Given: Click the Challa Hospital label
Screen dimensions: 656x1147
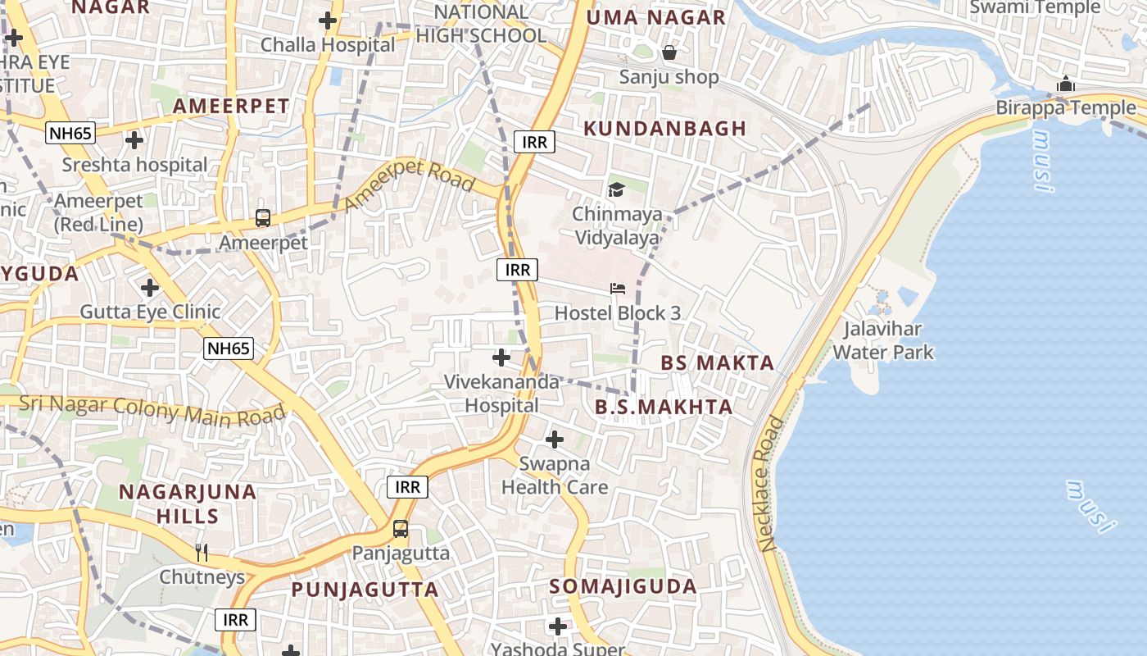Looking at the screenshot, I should (x=328, y=44).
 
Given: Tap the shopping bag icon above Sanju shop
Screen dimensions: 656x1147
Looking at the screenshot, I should (x=669, y=53).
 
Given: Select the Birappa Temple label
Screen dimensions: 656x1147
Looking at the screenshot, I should (x=1066, y=107).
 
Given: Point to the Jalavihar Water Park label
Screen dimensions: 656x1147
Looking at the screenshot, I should (x=882, y=341).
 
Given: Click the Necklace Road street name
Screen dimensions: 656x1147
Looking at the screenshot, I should (x=772, y=483).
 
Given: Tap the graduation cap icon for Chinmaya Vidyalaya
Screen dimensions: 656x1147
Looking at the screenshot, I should (x=615, y=190).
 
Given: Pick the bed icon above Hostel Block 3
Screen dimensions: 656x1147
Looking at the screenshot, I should (x=618, y=289).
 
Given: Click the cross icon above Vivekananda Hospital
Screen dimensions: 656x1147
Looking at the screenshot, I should (x=501, y=358).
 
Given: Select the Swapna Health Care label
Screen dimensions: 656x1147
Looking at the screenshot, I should (x=555, y=476).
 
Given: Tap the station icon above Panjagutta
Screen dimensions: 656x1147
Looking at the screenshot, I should (x=400, y=529).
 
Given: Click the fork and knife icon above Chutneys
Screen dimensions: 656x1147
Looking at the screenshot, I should (x=202, y=553).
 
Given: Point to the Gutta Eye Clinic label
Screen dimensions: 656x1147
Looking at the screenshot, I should (x=150, y=312).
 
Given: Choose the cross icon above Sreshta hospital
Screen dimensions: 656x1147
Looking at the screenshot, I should (x=134, y=140).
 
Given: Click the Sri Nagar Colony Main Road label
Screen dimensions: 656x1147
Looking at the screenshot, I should (x=152, y=409).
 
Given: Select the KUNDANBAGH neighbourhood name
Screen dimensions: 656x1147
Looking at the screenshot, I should (x=664, y=128).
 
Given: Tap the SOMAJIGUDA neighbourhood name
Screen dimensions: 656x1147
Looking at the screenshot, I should (x=623, y=586).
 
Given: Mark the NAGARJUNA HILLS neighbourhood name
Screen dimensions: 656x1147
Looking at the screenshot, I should (x=188, y=504).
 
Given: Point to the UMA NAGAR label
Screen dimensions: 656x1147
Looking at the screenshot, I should (x=656, y=17).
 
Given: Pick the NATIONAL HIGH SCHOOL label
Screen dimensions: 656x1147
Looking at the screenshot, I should (x=481, y=24).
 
